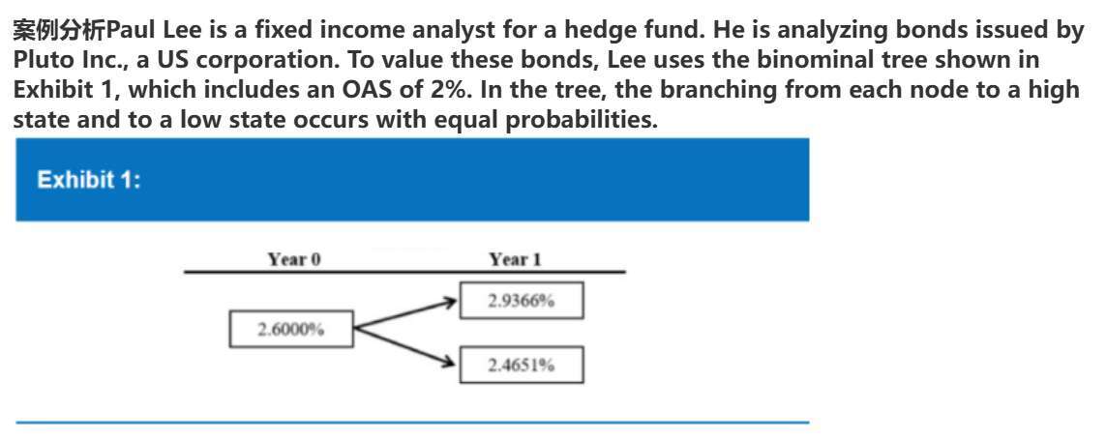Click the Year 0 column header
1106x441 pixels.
click(x=294, y=259)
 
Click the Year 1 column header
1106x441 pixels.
click(x=516, y=259)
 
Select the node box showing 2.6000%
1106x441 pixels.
click(x=290, y=329)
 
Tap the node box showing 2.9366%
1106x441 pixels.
click(x=522, y=301)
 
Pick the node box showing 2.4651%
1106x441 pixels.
click(x=522, y=365)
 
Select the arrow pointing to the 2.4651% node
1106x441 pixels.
click(x=403, y=346)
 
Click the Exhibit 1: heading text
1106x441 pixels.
click(x=89, y=180)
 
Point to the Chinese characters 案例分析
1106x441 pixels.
click(x=59, y=30)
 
